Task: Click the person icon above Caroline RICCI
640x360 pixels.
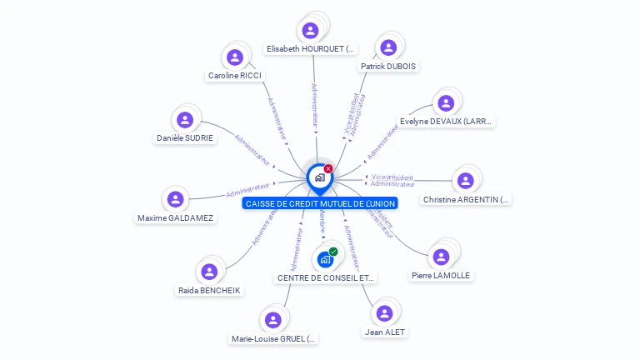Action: click(235, 57)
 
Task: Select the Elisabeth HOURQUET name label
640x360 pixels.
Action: click(310, 49)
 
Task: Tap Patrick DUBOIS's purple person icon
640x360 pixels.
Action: click(387, 47)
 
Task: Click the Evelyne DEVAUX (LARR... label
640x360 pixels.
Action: click(447, 121)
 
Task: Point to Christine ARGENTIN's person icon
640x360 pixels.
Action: click(466, 181)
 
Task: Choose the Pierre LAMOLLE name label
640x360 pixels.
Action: click(441, 275)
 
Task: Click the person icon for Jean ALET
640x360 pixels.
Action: click(384, 313)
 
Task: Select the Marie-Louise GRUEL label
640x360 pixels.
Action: click(274, 338)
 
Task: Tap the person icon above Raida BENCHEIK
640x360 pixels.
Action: click(209, 272)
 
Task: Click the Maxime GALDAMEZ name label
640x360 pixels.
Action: click(175, 217)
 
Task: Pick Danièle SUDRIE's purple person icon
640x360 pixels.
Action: click(185, 120)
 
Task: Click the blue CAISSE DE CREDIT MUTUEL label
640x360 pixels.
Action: click(320, 203)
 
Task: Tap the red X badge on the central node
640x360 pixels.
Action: click(328, 169)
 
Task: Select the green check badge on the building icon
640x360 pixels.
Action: click(333, 252)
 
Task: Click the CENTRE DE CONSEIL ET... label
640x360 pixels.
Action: click(326, 277)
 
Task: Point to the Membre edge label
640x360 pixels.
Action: click(322, 221)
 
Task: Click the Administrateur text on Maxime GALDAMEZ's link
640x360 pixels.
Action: click(248, 190)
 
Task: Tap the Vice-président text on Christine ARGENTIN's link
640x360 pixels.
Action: click(392, 177)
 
